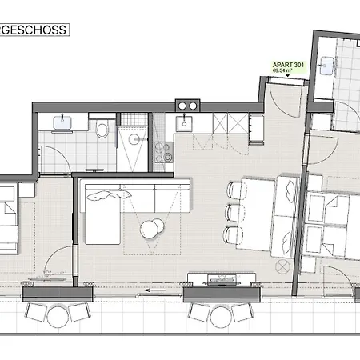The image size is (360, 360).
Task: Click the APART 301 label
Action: coord(288,65)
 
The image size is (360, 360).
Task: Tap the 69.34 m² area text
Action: coord(282,70)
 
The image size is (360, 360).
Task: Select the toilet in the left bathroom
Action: coord(102,129)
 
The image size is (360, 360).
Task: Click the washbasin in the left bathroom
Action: coord(62,122)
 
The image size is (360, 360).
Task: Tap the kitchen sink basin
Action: coord(184,124)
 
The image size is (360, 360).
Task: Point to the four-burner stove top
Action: coord(164,153)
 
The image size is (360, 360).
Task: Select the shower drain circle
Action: coord(134,139)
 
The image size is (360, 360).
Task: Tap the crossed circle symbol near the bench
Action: coord(282,266)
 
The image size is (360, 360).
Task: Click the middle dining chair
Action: coord(234,213)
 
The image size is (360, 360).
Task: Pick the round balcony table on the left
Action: coord(58,317)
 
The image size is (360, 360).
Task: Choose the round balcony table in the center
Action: coord(221,317)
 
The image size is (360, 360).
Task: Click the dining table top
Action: coord(257,214)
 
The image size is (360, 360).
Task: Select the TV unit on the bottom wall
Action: coord(222,278)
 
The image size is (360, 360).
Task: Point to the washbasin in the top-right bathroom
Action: coord(327,65)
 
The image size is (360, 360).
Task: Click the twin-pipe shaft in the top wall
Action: coord(187,106)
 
